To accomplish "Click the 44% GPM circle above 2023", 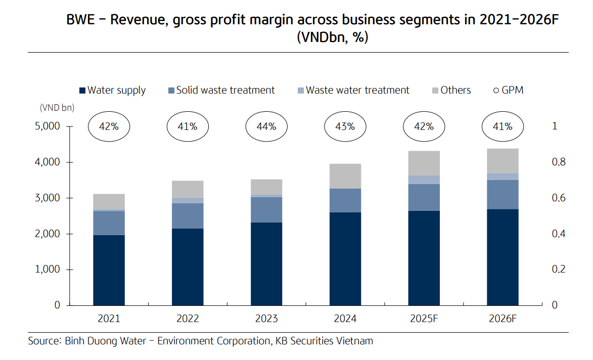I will tap(266, 126).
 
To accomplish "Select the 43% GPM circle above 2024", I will tap(345, 126).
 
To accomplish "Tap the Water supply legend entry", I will tap(112, 91).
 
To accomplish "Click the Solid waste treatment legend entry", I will tap(221, 91).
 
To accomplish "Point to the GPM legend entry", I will tap(508, 91).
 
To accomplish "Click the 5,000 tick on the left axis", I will tap(48, 126).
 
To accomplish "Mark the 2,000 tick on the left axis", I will tap(48, 234).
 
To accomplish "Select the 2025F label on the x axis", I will tap(424, 319).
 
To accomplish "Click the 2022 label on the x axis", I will tap(188, 319).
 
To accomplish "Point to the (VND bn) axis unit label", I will tap(56, 108).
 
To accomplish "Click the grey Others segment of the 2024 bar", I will tap(345, 176).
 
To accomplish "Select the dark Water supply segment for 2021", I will tap(109, 270).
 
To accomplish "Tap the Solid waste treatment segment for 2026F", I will tap(503, 195).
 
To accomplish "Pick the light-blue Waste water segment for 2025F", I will tap(424, 180).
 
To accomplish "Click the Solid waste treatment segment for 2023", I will tap(266, 209).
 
